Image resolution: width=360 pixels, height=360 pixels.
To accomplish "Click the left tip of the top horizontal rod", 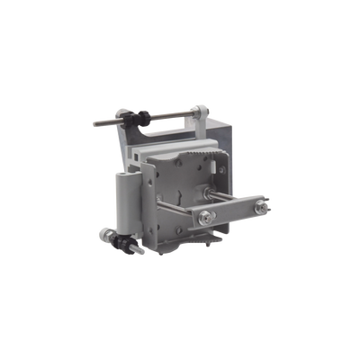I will [x=94, y=123].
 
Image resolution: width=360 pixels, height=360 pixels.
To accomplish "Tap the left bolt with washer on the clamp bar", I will [x=207, y=216].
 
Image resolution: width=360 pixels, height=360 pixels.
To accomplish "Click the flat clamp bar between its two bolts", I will [x=234, y=214].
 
